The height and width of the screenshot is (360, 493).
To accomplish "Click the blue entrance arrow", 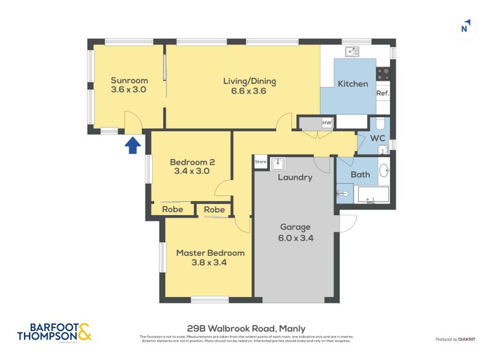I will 133,145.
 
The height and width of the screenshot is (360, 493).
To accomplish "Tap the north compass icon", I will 465,28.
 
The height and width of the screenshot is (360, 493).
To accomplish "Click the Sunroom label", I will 129,80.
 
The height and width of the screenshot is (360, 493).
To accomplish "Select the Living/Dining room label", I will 249,81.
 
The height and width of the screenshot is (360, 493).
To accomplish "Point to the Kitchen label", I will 352,84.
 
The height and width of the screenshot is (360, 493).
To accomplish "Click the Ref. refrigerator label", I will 383,94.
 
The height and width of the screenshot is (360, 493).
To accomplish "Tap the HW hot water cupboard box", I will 327,123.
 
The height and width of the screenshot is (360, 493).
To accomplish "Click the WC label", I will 377,139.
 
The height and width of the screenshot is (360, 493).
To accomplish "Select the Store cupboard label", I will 260,163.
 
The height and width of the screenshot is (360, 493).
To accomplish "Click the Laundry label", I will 295,178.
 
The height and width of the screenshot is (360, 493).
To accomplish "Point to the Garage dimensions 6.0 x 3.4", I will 296,237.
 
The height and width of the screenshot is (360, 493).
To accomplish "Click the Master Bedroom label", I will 210,253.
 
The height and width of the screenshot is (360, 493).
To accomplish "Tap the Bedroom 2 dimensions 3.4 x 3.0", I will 192,173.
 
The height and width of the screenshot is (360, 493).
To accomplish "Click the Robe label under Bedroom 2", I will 172,210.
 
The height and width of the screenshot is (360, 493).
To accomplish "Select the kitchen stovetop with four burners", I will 383,74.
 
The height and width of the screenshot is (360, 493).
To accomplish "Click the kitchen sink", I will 352,52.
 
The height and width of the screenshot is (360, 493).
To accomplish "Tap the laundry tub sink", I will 277,163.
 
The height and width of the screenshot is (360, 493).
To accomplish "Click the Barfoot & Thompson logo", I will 54,332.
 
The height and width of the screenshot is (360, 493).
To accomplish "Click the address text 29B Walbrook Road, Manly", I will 246,329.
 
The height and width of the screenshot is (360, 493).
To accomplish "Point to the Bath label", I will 360,174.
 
